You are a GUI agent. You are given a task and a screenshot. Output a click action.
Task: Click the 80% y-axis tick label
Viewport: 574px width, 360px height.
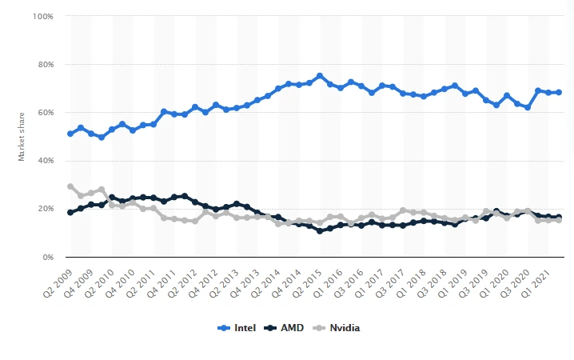coord(45,64)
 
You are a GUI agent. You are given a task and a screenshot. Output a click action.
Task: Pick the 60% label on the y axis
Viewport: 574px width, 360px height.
coord(45,113)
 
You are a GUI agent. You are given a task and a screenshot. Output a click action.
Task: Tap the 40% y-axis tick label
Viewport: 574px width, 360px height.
coord(45,161)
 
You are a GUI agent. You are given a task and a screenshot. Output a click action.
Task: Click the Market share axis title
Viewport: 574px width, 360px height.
coord(22,137)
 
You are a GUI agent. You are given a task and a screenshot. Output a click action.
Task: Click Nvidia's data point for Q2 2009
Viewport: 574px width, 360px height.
coord(70,186)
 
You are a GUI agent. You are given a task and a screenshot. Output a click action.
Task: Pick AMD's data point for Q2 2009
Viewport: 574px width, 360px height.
coord(70,213)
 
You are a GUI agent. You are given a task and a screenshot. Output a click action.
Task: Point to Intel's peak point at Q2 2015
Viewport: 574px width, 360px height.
coord(320,76)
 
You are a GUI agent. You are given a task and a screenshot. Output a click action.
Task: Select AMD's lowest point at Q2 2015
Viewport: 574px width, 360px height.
coord(320,231)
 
